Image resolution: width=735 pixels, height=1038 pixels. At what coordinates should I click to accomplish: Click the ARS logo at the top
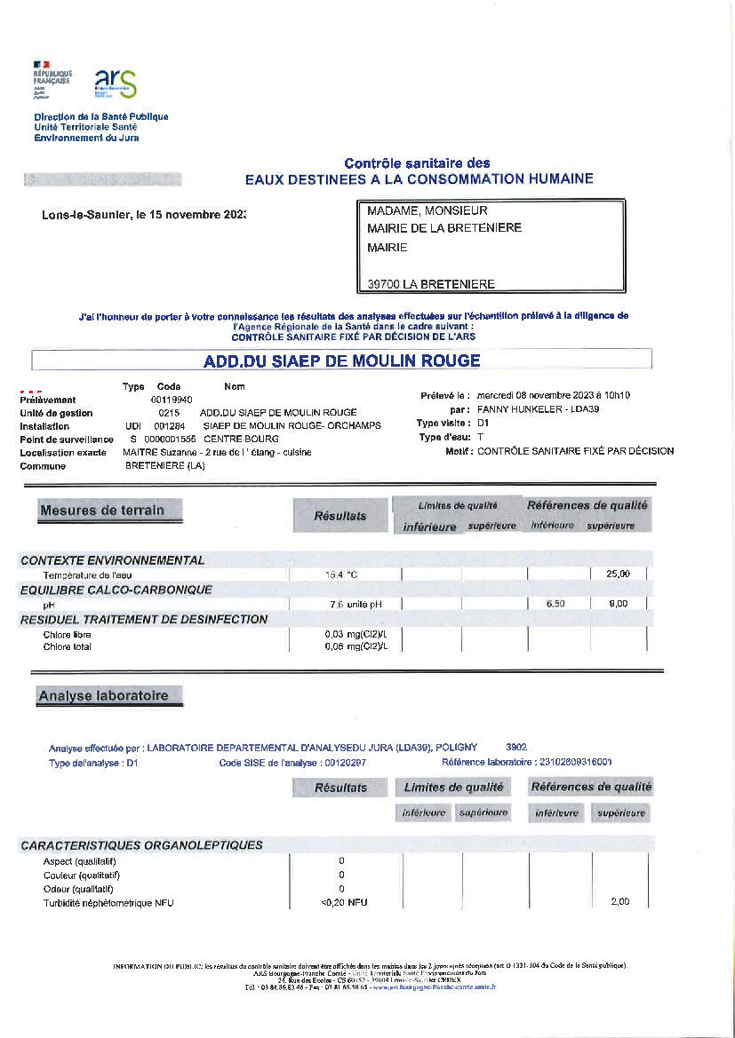point(116,83)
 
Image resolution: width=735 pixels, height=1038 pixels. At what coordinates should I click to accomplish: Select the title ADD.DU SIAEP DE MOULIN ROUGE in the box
point(341,361)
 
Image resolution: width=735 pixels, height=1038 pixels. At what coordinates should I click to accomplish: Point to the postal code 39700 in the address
point(383,284)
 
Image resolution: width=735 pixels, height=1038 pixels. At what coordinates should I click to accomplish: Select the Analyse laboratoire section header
point(103,696)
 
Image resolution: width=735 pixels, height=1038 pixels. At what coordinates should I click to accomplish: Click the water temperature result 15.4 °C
point(341,574)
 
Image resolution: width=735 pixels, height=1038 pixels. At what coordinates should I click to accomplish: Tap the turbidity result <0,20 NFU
point(344,902)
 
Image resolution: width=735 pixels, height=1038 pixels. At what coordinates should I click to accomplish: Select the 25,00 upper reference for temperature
point(618,574)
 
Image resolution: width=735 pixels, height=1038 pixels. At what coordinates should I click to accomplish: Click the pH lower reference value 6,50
point(557,604)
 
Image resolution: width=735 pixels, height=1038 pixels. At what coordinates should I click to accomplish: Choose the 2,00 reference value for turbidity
point(619,902)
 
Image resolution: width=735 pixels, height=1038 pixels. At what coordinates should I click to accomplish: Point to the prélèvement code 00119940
point(172,400)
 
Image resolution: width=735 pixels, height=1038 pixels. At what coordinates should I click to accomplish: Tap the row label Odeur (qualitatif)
point(78,889)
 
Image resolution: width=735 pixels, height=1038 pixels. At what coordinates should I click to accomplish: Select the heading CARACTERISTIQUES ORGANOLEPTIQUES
point(141,845)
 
